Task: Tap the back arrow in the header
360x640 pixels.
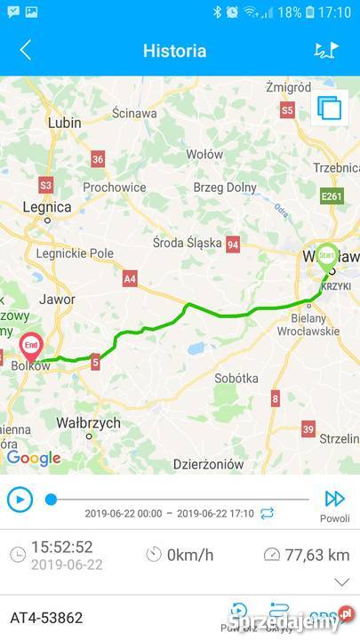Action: [x=25, y=51]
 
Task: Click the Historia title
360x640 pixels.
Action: [x=174, y=51]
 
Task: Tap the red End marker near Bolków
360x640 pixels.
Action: [x=31, y=345]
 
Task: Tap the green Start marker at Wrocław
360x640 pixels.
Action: [x=327, y=253]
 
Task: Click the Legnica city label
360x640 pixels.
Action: [x=46, y=207]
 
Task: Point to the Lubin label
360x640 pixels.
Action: [x=64, y=124]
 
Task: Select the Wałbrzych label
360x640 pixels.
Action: [x=88, y=423]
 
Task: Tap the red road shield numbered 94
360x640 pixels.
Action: [x=233, y=244]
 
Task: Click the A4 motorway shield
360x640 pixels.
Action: [x=130, y=279]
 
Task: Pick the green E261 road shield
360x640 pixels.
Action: [x=332, y=196]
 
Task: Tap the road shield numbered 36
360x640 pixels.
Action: [x=98, y=159]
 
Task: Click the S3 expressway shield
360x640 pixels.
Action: [x=46, y=186]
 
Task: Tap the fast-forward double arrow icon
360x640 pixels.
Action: [x=334, y=499]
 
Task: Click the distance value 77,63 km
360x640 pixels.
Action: [x=316, y=555]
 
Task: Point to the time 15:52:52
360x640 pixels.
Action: [x=61, y=548]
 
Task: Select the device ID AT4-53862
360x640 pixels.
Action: [x=46, y=617]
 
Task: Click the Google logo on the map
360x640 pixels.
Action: [x=34, y=459]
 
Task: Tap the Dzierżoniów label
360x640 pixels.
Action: [x=208, y=463]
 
